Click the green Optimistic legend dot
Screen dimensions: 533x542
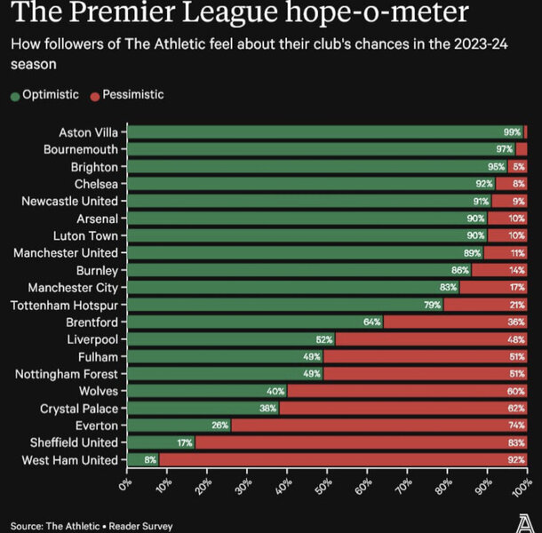15,95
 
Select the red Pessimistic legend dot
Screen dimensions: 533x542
94,95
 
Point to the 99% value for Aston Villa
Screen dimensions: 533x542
512,132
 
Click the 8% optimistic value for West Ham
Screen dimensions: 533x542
149,459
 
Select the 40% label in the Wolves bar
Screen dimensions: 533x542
275,391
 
